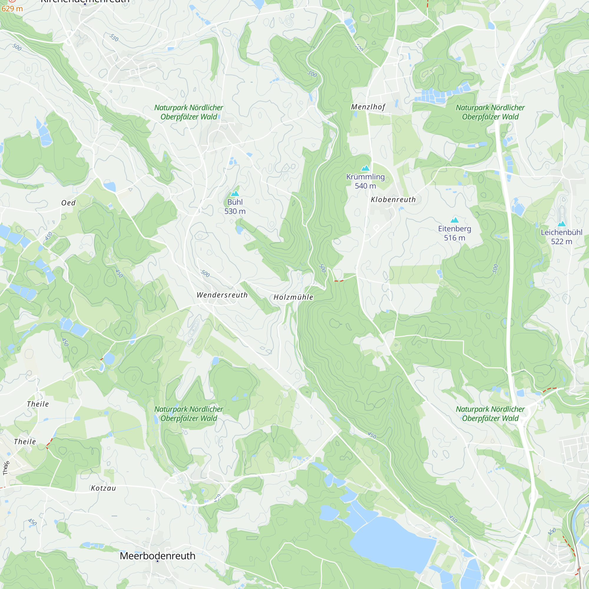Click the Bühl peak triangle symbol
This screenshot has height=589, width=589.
(x=235, y=193)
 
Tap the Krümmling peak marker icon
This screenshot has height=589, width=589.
(x=365, y=168)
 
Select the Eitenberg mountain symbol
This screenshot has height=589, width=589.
(x=454, y=220)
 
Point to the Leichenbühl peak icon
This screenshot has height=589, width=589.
(x=562, y=224)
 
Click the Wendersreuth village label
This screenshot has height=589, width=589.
(x=222, y=295)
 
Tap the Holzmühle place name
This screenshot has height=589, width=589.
(x=293, y=297)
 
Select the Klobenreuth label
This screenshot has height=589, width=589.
(x=393, y=200)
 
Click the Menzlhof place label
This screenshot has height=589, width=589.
(x=368, y=107)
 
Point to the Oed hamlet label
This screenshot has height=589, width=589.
(x=68, y=203)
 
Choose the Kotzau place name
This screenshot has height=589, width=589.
(x=103, y=488)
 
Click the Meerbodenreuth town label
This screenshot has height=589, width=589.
(x=157, y=556)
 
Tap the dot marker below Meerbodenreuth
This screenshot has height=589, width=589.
(x=158, y=561)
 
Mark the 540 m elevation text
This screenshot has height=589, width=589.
(x=365, y=186)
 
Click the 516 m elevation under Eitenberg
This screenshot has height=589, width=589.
(x=454, y=238)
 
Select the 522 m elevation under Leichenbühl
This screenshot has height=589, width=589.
(x=562, y=241)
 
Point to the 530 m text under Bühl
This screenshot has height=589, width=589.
(x=235, y=211)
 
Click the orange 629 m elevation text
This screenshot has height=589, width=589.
(x=12, y=9)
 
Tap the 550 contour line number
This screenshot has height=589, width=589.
(x=114, y=37)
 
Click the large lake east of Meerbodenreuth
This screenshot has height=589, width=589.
(x=393, y=540)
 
